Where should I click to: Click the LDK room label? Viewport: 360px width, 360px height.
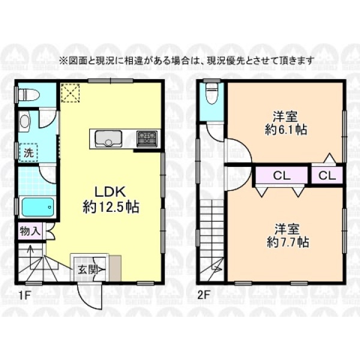[110, 192]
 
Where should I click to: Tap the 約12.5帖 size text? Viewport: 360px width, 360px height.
[110, 207]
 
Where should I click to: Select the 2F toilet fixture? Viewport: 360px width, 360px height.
[211, 94]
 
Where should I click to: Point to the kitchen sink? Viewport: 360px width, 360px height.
[109, 139]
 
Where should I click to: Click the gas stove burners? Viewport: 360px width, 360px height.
[147, 139]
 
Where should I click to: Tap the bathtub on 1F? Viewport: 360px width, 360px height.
[38, 207]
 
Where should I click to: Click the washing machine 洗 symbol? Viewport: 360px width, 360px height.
[29, 152]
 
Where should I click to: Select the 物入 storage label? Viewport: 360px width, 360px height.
[30, 231]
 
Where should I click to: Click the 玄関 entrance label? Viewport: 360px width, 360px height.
[87, 270]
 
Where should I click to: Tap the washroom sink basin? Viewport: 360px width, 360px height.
[25, 121]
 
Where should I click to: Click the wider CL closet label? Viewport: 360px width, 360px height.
[281, 176]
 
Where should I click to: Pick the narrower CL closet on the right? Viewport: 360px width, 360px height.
[327, 176]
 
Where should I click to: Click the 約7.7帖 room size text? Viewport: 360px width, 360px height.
[287, 242]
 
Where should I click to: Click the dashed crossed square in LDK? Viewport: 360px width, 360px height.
[70, 93]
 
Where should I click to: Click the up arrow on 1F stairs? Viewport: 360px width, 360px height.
[29, 251]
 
